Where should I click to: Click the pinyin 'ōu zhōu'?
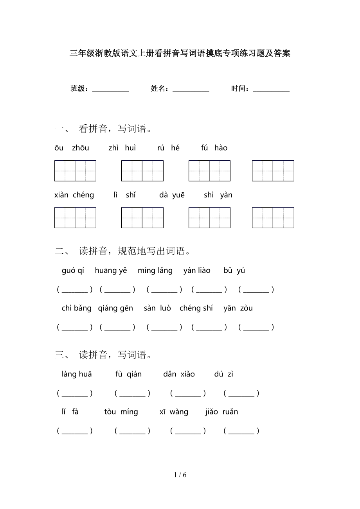click(72, 148)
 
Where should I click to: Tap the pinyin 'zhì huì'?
click(122, 148)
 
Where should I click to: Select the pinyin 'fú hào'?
click(214, 148)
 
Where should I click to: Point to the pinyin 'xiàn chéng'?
click(74, 195)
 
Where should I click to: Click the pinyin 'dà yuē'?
click(172, 195)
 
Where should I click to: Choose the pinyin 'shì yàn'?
click(218, 195)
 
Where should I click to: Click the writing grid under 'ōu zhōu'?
click(75, 171)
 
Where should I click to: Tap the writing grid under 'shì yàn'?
click(273, 218)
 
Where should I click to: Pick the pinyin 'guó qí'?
click(73, 271)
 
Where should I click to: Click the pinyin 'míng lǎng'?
click(155, 271)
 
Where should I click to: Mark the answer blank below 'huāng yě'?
click(117, 290)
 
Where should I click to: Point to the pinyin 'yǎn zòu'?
click(238, 308)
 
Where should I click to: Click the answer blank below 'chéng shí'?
click(209, 328)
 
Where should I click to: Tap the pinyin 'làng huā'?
click(77, 374)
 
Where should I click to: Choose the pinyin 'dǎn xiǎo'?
click(179, 374)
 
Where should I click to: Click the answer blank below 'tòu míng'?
click(132, 431)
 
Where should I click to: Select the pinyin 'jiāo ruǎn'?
click(221, 412)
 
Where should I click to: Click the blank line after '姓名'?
click(191, 90)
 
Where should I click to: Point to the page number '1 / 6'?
click(180, 475)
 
